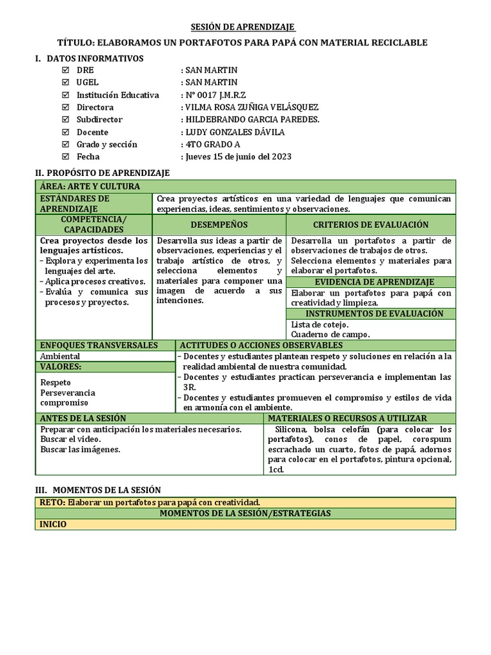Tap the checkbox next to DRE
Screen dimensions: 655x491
65,70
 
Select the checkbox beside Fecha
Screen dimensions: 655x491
65,157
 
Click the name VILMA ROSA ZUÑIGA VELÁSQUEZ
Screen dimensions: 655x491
251,107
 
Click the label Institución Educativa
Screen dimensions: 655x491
118,95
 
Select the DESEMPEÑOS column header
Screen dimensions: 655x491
219,225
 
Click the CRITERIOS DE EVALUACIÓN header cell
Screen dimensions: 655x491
371,225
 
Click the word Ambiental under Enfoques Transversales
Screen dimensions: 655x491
60,356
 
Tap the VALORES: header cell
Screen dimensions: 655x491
61,367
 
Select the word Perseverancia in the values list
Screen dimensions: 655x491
68,392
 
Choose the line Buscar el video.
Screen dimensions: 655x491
70,439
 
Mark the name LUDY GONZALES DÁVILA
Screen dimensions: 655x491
235,132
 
